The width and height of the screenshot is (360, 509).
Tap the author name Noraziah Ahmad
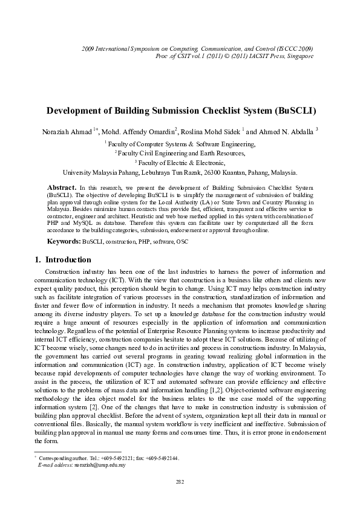pos(67,131)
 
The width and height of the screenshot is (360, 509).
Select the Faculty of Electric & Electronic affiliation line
pos(180,163)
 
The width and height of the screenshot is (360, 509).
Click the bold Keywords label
pos(64,241)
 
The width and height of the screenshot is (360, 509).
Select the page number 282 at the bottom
pos(180,481)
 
